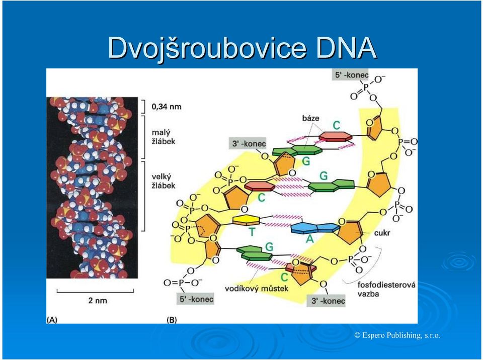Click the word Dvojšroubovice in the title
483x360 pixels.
coord(207,48)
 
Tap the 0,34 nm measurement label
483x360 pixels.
coord(167,107)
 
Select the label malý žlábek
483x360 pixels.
coord(164,137)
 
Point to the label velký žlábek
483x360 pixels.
coord(164,181)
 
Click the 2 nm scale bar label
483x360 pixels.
coord(98,300)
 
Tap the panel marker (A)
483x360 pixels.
coord(52,320)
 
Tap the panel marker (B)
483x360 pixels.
coord(172,320)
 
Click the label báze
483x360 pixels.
coord(310,118)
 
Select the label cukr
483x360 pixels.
coord(382,233)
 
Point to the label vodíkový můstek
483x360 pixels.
coord(257,289)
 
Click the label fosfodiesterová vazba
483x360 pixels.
coord(386,289)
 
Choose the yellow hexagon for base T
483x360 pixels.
coord(246,220)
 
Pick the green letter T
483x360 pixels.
coord(252,232)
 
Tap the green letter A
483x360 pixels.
coord(310,238)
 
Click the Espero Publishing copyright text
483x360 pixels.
coord(397,335)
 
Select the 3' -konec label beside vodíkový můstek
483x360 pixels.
coord(326,301)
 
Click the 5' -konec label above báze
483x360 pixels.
coord(350,75)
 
